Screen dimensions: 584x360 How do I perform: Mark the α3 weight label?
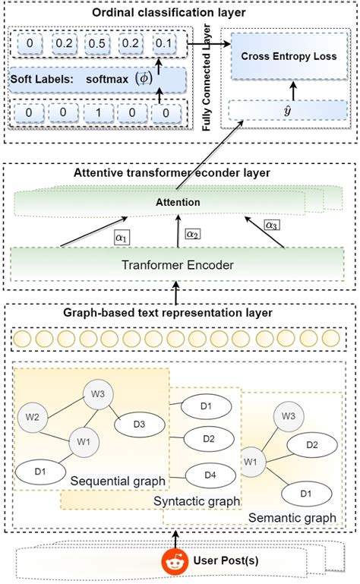coord(271,226)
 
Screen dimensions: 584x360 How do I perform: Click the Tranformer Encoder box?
coord(176,265)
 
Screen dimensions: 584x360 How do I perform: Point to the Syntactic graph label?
coord(196,501)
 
